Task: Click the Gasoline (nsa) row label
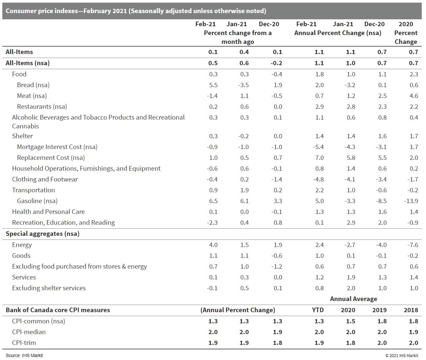pos(37,201)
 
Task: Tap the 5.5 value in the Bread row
pos(213,85)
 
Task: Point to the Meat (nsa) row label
pos(32,96)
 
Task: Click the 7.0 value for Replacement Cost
pos(319,158)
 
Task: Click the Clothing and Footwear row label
pos(45,179)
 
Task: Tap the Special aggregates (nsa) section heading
pos(43,234)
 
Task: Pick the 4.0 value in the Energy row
pos(213,245)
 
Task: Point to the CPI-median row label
pos(29,332)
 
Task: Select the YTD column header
pos(318,310)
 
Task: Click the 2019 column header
pos(379,310)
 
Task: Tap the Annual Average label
pos(353,299)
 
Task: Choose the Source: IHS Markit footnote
pos(24,355)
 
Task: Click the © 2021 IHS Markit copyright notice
pos(402,355)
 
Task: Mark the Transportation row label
pos(33,190)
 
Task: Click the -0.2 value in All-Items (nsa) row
pos(277,63)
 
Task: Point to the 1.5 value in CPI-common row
pos(350,321)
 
